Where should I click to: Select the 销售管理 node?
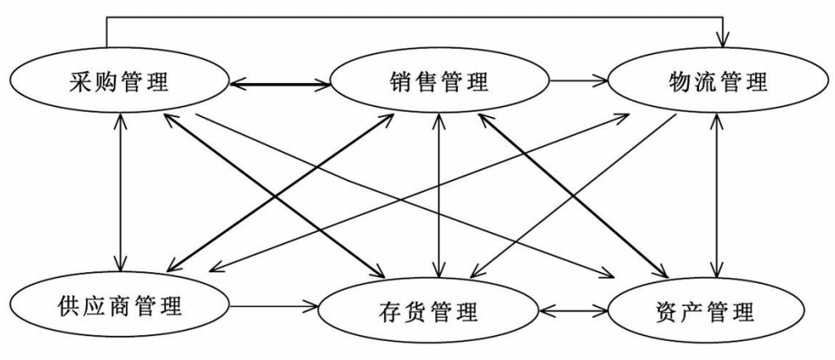click(439, 82)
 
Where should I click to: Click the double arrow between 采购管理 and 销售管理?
click(279, 83)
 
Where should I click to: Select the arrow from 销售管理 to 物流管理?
click(580, 81)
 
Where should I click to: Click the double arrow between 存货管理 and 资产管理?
click(574, 313)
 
